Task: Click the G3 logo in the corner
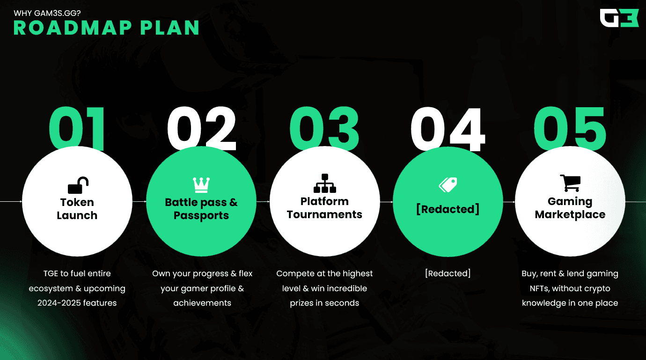[x=619, y=18]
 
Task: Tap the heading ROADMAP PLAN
[x=107, y=28]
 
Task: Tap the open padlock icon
[x=78, y=185]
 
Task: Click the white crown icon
[x=201, y=185]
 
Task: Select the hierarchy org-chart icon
[x=324, y=183]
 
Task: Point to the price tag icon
[x=448, y=185]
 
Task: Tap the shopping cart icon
[x=570, y=183]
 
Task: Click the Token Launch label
[x=77, y=209]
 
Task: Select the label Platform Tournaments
[x=324, y=208]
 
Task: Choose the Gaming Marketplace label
[x=570, y=208]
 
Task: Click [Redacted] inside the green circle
[x=448, y=209]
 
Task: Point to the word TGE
[x=51, y=273]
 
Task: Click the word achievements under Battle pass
[x=202, y=303]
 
